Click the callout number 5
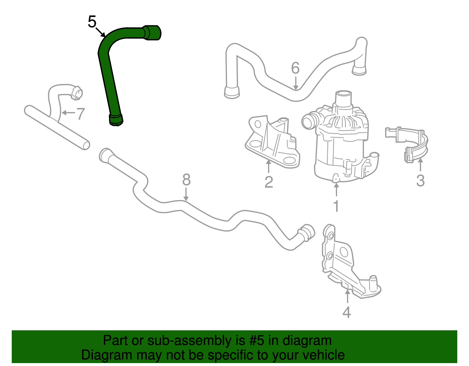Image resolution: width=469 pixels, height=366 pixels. coord(92,22)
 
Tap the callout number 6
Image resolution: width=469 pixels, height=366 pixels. coord(295,68)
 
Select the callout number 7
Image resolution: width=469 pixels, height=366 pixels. coord(80,114)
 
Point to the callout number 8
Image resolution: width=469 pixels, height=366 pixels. coord(186,180)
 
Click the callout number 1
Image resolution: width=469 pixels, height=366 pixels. coord(336,206)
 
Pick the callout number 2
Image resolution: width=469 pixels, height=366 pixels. coord(269,182)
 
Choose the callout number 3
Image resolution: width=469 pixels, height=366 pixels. coord(420,181)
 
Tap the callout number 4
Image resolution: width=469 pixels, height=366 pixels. coord(346,312)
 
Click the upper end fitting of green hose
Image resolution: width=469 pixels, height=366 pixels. coord(152,33)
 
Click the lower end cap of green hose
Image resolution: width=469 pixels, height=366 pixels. coord(116,120)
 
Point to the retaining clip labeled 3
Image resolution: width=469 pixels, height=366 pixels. coord(410,144)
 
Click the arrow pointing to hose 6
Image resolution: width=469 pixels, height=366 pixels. coord(296,83)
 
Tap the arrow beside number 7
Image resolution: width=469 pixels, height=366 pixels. coord(67,113)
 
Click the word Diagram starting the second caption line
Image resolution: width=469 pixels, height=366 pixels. coord(98,355)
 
